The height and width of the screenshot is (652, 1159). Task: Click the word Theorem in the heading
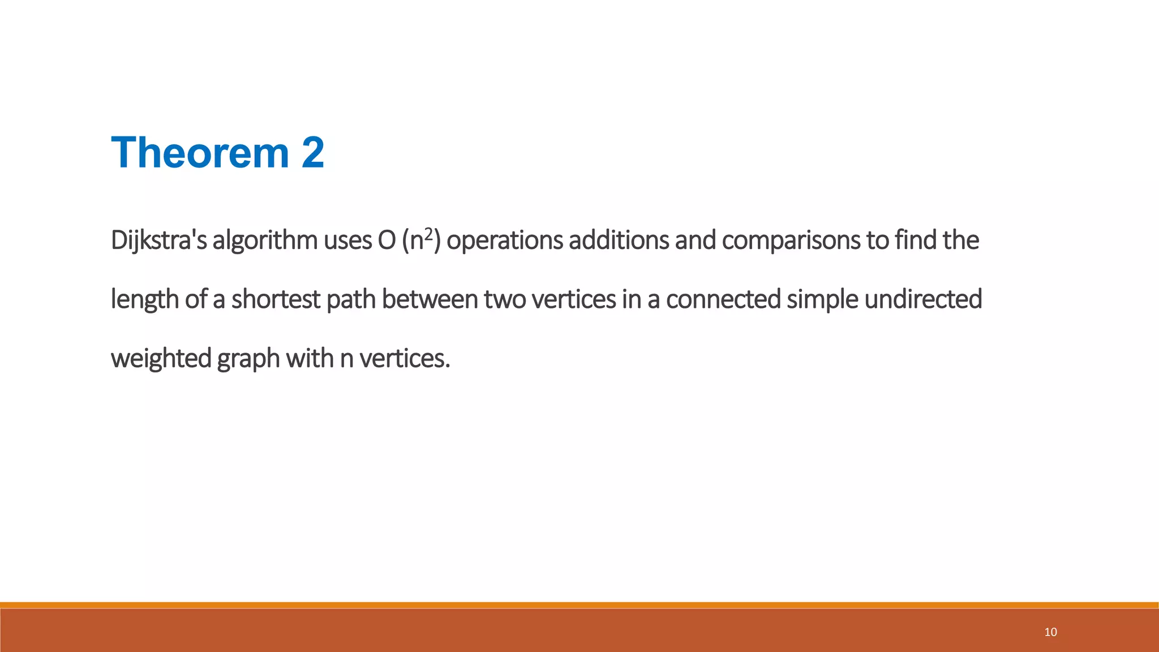[x=200, y=153]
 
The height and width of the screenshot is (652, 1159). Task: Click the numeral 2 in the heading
[x=313, y=153]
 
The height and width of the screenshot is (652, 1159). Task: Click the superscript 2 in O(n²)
[x=429, y=234]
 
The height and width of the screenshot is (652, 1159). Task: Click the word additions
[x=619, y=241]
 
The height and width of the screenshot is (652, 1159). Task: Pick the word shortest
[x=276, y=299]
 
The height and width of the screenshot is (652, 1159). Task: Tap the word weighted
[x=161, y=358]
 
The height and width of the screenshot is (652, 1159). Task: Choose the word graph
[x=248, y=358]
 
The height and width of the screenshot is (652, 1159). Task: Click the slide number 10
[x=1050, y=632]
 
